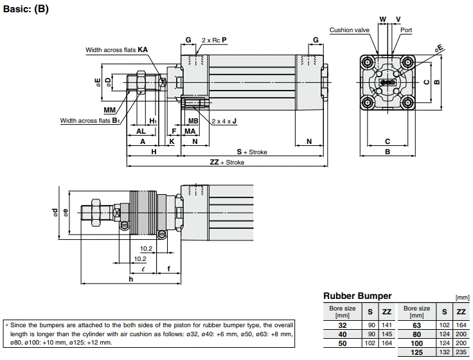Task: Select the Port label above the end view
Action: point(406,30)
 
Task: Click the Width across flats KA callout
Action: point(117,50)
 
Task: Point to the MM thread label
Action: point(110,110)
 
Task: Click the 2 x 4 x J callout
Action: point(225,120)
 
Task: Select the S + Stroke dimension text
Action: point(251,152)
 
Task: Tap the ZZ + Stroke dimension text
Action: point(227,163)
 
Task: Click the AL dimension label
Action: point(141,131)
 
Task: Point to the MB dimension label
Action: point(193,120)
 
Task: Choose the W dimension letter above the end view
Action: point(382,19)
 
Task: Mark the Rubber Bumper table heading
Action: point(357,296)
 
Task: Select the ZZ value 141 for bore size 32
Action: point(387,326)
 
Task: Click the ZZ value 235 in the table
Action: point(461,353)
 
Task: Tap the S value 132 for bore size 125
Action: point(443,353)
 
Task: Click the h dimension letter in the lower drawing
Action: point(130,279)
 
